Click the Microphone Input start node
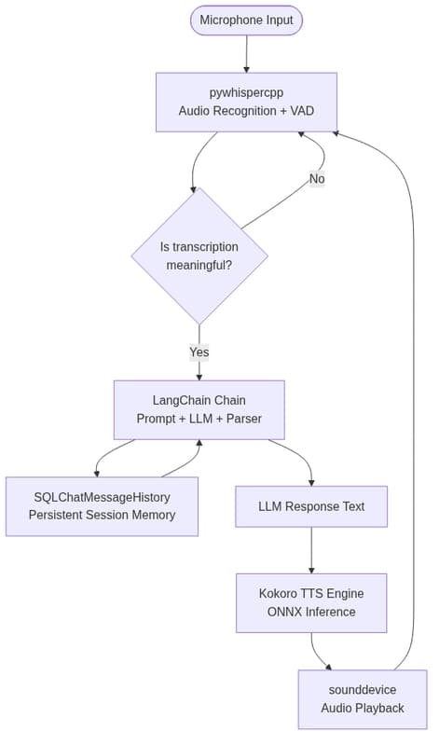(x=246, y=21)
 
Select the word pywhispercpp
(x=246, y=92)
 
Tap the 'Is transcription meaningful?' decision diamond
(x=199, y=256)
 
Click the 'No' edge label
(x=317, y=179)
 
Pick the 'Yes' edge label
(x=199, y=352)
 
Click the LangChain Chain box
(x=199, y=409)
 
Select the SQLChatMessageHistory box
(x=102, y=506)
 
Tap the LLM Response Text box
(x=311, y=506)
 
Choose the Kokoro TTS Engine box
(x=311, y=603)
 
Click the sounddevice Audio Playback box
(x=363, y=699)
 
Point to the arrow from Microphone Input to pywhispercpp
(x=247, y=54)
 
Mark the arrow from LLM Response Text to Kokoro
(x=311, y=550)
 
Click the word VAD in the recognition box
(x=302, y=111)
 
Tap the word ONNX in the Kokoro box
(x=282, y=612)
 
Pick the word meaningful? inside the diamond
(x=199, y=265)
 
